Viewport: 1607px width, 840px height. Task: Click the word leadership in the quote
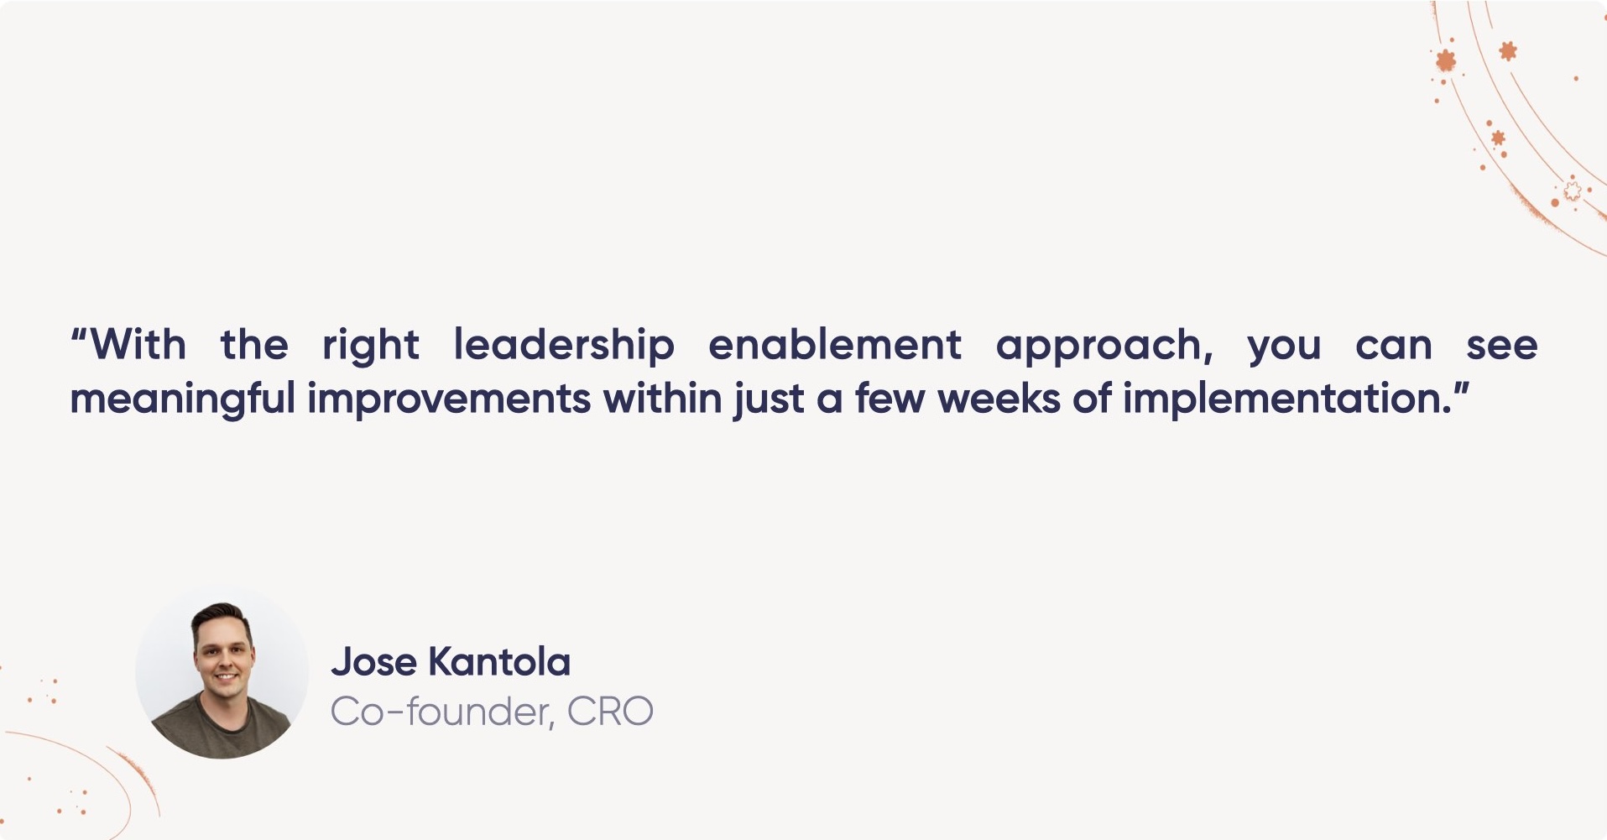coord(563,346)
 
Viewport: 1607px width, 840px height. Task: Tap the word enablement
coord(834,346)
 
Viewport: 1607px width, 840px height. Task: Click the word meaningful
coord(182,399)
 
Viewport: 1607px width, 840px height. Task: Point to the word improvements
coord(449,399)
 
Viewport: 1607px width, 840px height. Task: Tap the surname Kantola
coord(499,662)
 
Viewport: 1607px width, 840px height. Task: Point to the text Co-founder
coord(441,712)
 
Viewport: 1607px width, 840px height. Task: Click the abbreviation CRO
coord(609,712)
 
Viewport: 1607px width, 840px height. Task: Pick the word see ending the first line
coord(1501,346)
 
